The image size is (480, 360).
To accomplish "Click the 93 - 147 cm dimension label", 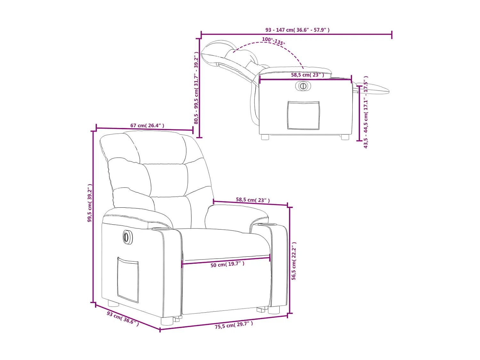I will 297,30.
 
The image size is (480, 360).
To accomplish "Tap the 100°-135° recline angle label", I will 273,41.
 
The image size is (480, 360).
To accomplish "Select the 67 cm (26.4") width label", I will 147,125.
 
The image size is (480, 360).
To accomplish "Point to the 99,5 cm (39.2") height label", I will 90,203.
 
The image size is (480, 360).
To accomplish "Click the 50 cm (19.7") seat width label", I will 227,264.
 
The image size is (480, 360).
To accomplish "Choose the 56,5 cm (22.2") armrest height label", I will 294,261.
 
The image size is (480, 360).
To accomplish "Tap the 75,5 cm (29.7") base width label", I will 234,325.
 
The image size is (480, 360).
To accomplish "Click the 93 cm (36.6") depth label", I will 123,318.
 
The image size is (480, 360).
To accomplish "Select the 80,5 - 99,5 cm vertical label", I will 196,88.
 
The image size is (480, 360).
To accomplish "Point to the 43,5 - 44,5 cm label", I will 366,112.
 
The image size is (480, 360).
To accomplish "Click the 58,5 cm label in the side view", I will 307,75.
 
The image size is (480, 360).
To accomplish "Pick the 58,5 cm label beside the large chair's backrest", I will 253,200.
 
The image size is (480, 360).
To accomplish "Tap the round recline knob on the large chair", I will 126,237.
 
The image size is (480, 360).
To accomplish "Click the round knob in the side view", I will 303,86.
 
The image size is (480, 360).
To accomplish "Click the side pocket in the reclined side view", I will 303,115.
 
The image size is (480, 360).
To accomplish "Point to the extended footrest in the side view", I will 374,89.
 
